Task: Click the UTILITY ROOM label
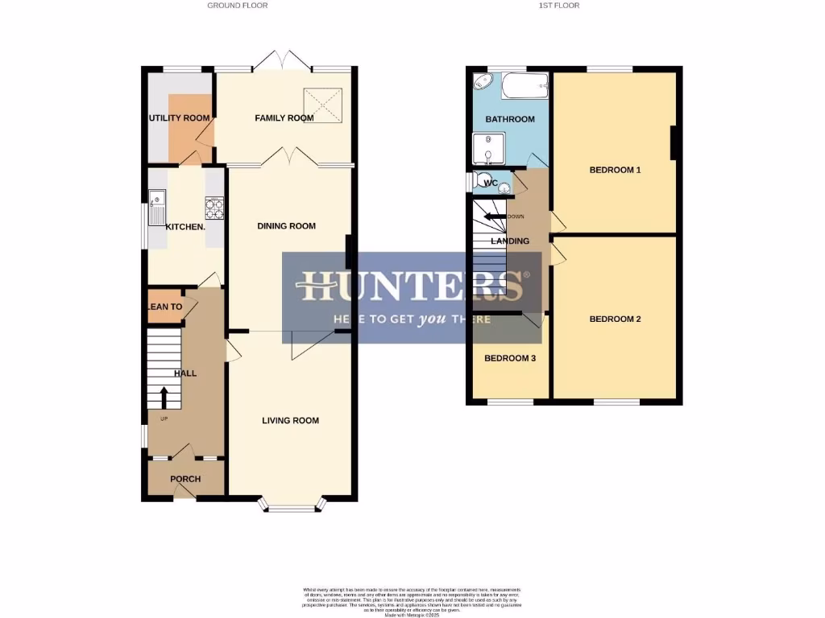179,118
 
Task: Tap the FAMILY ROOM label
284,118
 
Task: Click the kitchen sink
155,200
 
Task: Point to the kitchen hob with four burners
214,208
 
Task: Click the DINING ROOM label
286,226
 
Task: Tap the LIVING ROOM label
290,420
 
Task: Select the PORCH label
184,479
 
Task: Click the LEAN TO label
164,307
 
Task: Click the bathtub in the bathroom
524,85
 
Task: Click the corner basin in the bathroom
482,81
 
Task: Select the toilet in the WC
483,180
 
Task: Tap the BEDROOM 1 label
615,170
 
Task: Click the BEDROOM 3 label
509,358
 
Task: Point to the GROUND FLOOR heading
238,6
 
